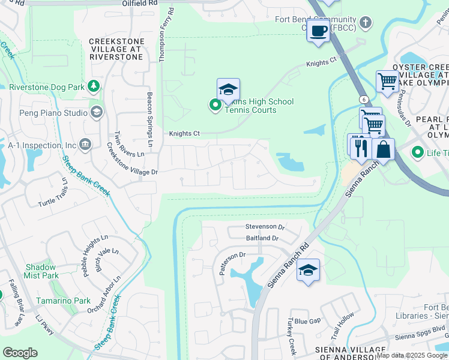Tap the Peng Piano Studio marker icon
click(x=96, y=112)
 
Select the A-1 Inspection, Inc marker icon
click(x=85, y=145)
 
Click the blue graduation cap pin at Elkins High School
click(x=228, y=90)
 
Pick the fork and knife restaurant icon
click(x=361, y=148)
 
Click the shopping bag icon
click(x=383, y=149)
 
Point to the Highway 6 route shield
click(x=364, y=98)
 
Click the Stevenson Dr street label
click(x=265, y=227)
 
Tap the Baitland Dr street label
click(x=262, y=238)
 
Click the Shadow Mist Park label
click(x=41, y=271)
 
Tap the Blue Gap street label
click(x=307, y=321)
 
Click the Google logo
click(x=20, y=353)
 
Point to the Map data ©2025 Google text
click(x=412, y=355)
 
